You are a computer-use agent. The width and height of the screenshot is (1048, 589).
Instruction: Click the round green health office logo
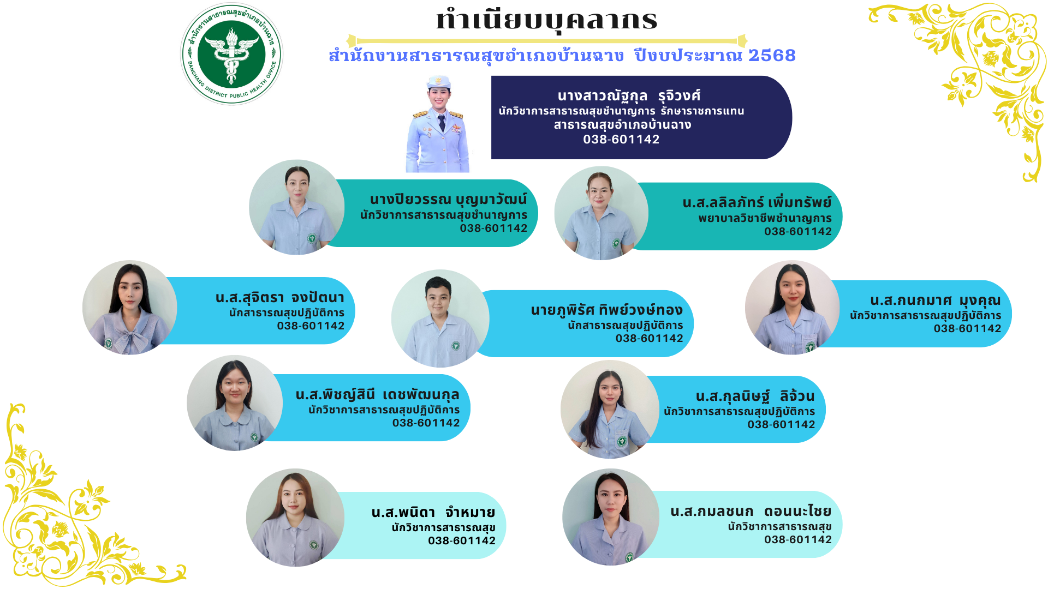(232, 54)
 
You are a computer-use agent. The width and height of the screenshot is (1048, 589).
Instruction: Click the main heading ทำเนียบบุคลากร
(547, 20)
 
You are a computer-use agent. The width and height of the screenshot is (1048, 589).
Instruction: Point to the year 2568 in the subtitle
(772, 55)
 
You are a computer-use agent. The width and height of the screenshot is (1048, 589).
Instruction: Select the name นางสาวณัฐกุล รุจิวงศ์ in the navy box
(629, 96)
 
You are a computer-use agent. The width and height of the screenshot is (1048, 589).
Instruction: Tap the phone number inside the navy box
(621, 139)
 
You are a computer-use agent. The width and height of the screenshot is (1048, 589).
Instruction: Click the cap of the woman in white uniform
(439, 82)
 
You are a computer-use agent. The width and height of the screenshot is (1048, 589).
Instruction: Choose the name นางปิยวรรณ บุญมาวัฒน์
(448, 200)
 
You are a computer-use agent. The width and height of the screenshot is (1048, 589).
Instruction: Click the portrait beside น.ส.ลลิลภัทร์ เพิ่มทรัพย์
(602, 213)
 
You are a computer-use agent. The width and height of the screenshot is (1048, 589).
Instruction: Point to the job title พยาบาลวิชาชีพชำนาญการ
(765, 218)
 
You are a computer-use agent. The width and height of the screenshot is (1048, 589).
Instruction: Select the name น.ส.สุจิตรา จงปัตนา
(280, 298)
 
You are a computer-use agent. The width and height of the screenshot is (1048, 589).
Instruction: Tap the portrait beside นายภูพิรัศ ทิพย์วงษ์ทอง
(440, 318)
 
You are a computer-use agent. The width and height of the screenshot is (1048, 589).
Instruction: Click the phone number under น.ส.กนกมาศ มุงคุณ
(967, 328)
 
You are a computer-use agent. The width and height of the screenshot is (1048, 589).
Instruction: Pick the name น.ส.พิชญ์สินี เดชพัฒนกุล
(377, 395)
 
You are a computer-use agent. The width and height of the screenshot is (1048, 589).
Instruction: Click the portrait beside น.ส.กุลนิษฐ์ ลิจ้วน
(610, 409)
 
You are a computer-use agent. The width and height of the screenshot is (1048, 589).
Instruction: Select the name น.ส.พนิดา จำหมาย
(433, 513)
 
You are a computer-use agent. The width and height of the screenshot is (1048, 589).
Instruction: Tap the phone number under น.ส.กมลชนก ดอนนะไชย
(798, 539)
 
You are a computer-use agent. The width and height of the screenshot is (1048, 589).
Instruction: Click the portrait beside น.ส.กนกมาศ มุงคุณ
(793, 308)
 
